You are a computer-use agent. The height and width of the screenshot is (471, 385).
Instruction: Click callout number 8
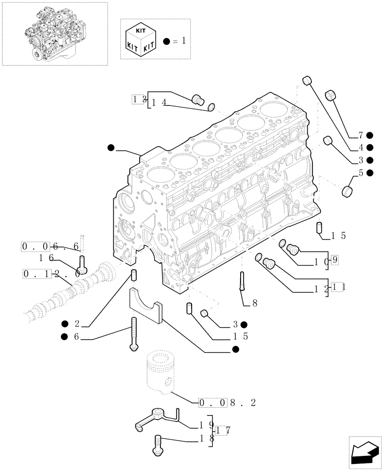pyautogui.click(x=254, y=303)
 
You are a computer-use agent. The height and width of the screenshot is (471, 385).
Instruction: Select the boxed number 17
pyautogui.click(x=222, y=430)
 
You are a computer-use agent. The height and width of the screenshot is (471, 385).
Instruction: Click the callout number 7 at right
pyautogui.click(x=360, y=135)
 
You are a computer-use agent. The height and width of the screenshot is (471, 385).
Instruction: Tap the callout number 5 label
pyautogui.click(x=360, y=173)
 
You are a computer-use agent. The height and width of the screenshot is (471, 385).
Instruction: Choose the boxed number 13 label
pyautogui.click(x=138, y=99)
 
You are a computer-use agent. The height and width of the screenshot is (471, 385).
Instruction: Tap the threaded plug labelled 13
pyautogui.click(x=197, y=99)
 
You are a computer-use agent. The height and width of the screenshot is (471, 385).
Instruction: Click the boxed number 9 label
pyautogui.click(x=334, y=259)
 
